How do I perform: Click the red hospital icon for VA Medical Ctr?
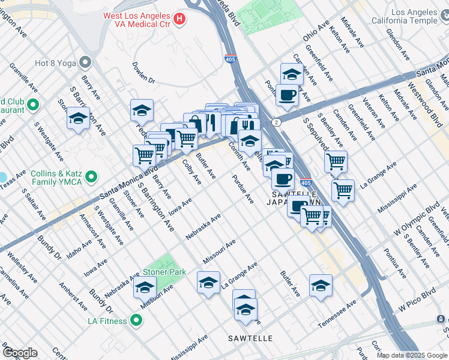pos(178,19)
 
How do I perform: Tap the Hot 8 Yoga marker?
pos(85,62)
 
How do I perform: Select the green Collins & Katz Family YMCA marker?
pos(91,177)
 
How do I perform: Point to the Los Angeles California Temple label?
pos(414,16)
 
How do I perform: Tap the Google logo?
pos(20,352)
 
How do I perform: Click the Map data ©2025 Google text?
pos(411,355)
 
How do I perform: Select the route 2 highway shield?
pos(275,122)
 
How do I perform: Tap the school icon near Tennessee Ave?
pos(321,286)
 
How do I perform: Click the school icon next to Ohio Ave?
pos(291,74)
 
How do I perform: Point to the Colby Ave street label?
pos(191,172)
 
